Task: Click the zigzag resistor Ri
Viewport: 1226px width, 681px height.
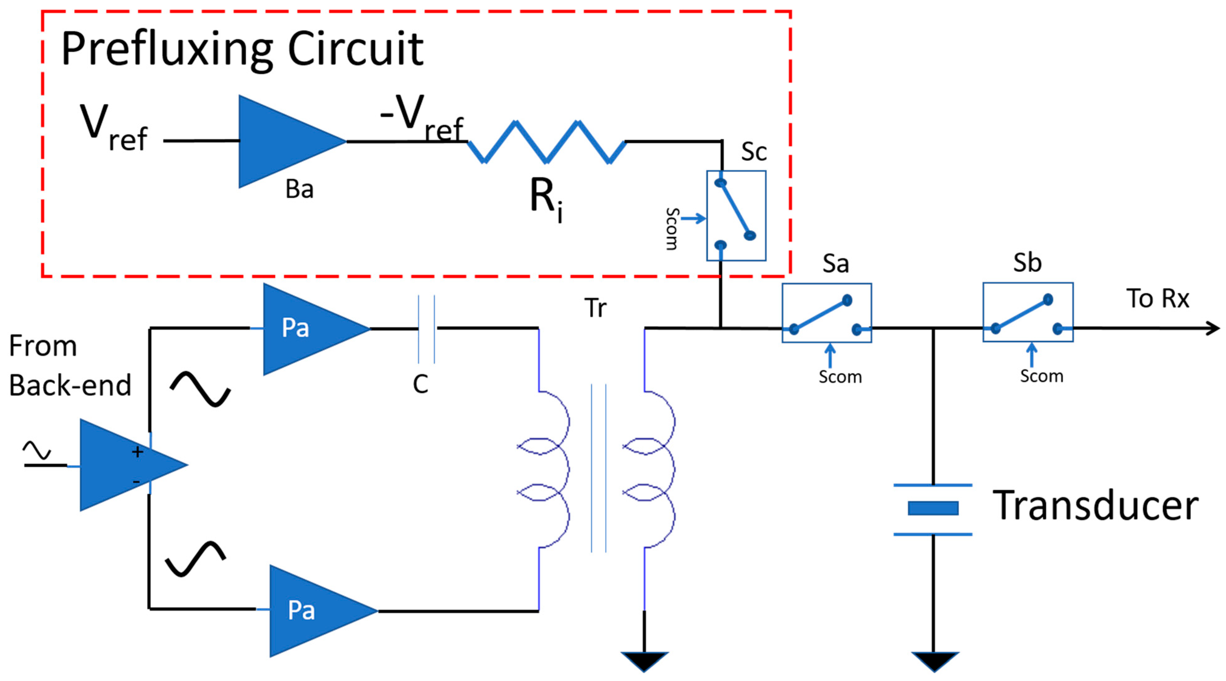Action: coord(546,142)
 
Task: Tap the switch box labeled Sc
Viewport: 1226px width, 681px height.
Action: coord(736,216)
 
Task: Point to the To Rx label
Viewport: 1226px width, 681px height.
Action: coord(1157,299)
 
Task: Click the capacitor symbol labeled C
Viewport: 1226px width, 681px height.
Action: coord(426,328)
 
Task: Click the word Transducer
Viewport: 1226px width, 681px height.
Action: coord(1095,505)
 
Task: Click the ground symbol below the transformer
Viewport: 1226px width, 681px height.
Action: coord(645,660)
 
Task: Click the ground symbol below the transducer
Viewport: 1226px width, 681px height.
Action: coord(934,660)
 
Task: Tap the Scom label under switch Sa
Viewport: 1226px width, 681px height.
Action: coord(840,377)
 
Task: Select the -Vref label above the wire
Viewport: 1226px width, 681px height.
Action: coord(421,117)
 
